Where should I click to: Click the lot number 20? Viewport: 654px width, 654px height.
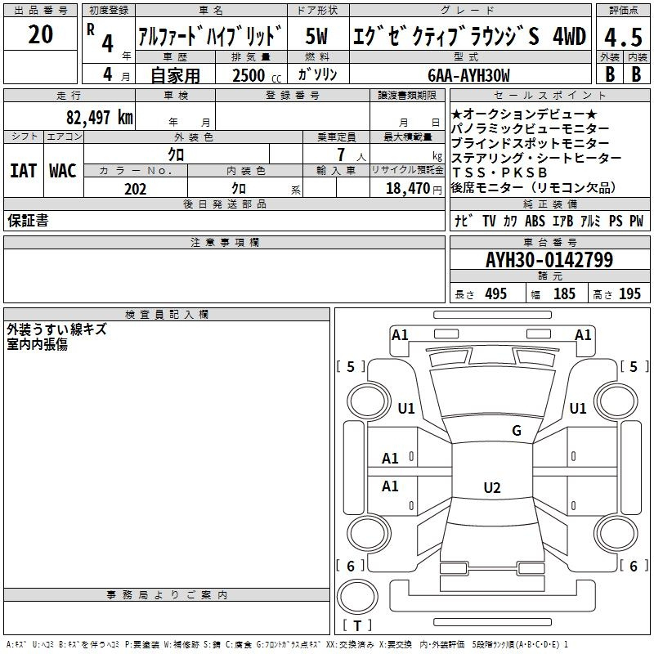coord(40,34)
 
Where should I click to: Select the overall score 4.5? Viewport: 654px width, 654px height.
coord(623,37)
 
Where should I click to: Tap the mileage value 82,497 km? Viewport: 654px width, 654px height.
coord(100,117)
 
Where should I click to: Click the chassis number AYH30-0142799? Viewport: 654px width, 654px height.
coord(549,259)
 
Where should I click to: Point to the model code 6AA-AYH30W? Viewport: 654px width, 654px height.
coord(468,75)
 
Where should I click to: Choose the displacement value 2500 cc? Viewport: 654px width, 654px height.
coord(257,75)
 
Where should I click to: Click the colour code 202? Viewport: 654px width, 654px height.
coord(135,189)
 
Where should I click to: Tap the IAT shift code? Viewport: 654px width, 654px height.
coord(23,171)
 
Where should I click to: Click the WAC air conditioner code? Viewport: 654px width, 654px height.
coord(63,171)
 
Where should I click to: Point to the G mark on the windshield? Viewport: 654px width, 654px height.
coord(517,430)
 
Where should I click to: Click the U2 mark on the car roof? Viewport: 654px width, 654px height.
coord(492,487)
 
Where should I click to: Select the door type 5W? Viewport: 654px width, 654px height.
coord(316,36)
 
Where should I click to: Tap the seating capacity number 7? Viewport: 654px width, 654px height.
coord(341,155)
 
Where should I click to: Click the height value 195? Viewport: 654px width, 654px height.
coord(629,293)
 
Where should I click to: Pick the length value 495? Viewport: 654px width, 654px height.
coord(496,293)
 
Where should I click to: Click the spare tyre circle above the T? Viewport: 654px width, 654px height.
coord(357,596)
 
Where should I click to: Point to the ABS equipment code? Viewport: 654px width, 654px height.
coord(535,221)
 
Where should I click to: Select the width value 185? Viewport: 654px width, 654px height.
coord(564,293)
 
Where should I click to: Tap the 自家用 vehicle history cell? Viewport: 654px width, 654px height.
coord(175,75)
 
